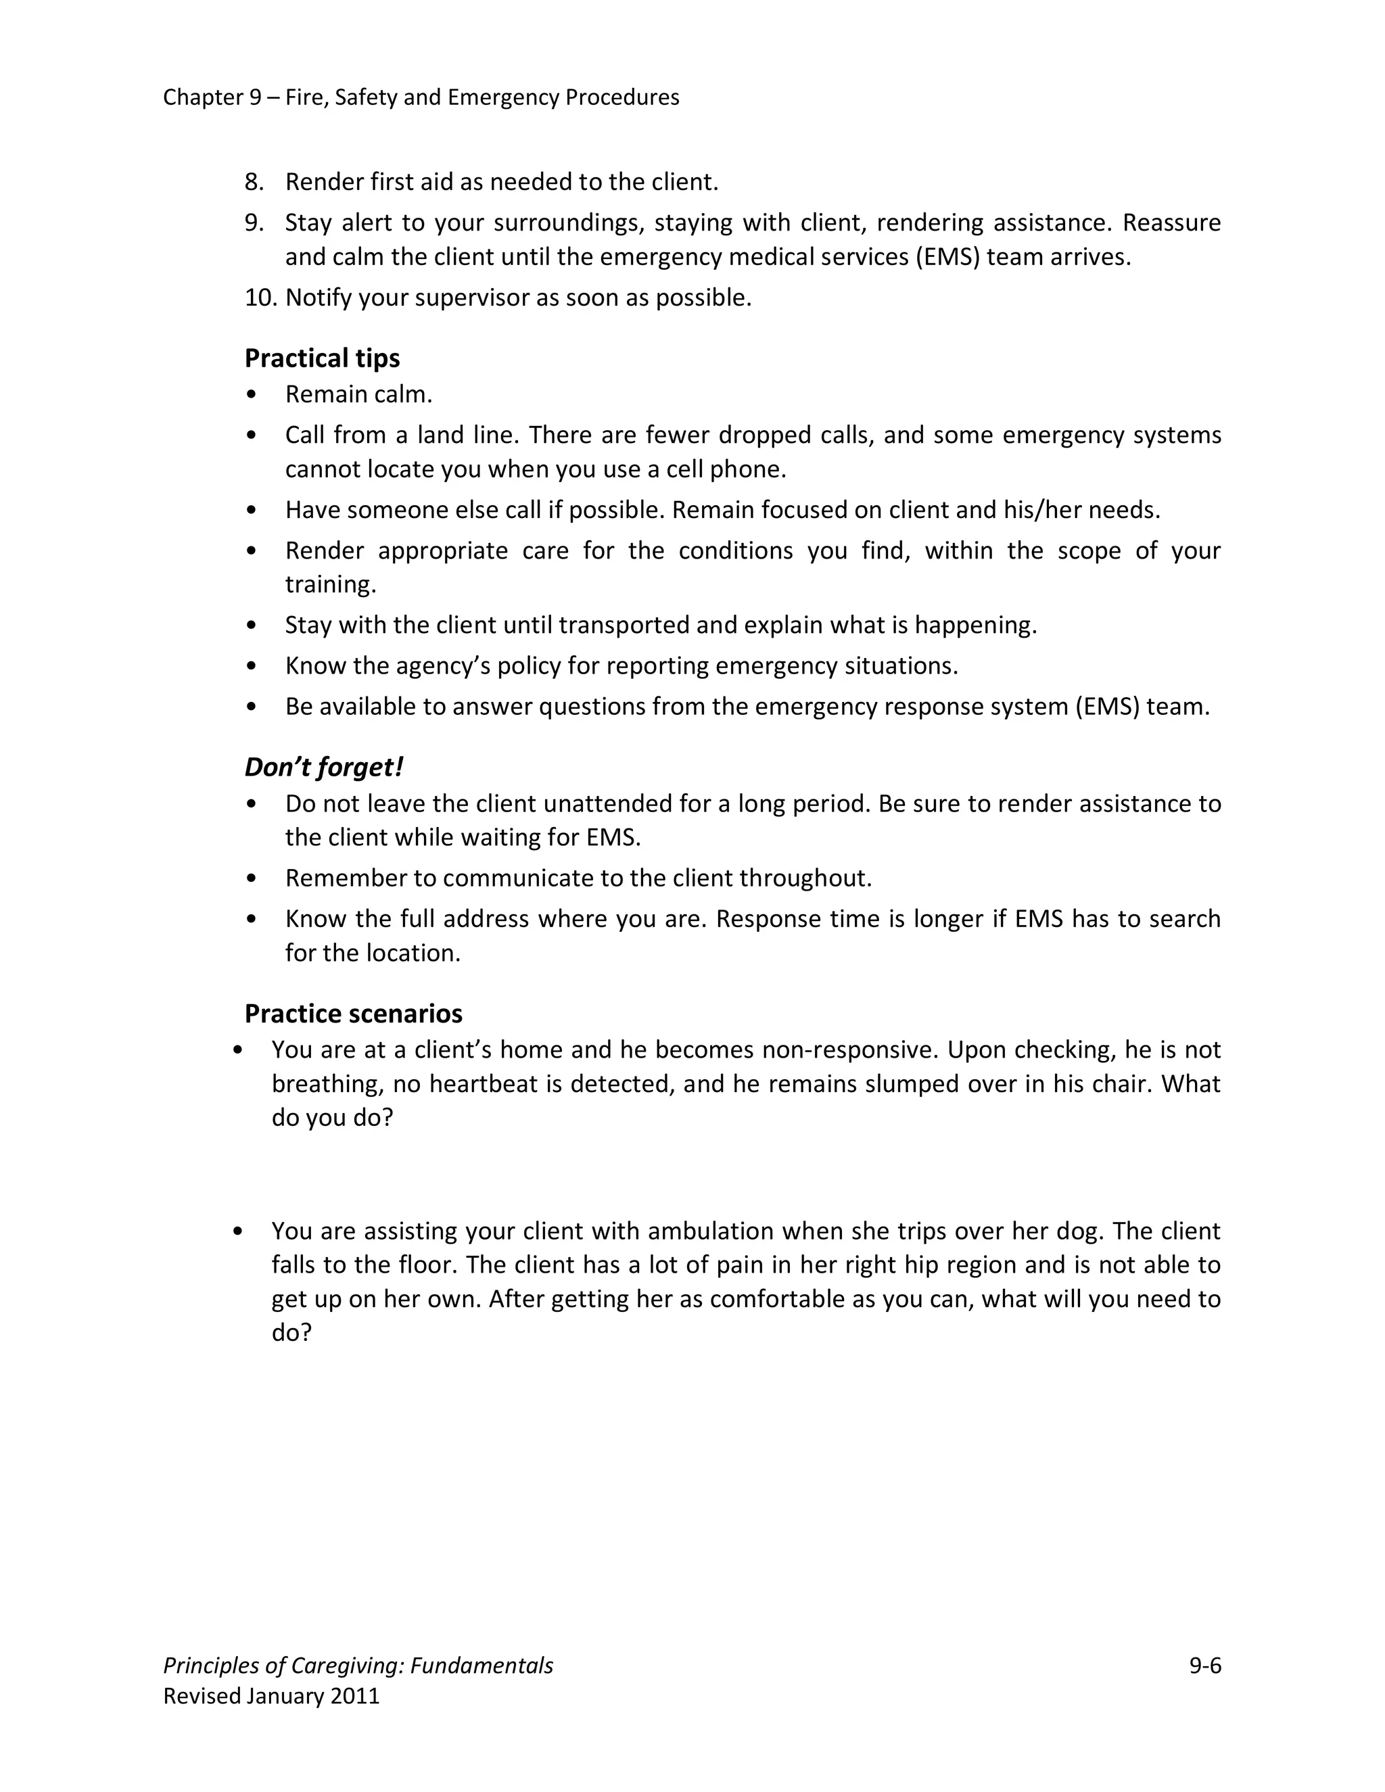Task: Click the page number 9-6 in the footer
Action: (1204, 1665)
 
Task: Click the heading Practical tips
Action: (322, 358)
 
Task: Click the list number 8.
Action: (254, 181)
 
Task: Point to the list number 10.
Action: (261, 297)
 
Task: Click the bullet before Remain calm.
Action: (251, 395)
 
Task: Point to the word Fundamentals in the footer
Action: (482, 1665)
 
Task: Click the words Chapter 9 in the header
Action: (212, 97)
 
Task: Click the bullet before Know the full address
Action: (251, 919)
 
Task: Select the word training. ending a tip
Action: (331, 584)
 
